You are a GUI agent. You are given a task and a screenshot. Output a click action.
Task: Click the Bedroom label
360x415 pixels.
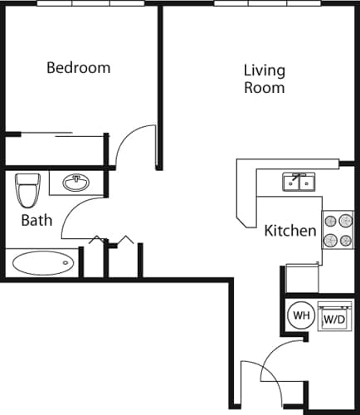[78, 68]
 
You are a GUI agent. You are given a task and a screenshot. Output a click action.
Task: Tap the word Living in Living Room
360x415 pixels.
[265, 71]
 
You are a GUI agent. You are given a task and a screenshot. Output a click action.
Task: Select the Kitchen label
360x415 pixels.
[289, 231]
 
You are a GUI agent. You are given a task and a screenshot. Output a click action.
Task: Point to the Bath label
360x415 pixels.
[36, 220]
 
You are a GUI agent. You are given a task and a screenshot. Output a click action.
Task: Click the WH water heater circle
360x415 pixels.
[299, 315]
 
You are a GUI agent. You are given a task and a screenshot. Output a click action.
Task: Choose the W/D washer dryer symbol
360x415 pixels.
[333, 318]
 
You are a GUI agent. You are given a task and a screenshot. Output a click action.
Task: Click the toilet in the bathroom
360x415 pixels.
[28, 190]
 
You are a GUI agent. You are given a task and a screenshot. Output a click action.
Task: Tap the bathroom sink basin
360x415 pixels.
[78, 182]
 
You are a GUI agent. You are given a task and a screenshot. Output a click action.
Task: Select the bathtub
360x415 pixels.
[42, 264]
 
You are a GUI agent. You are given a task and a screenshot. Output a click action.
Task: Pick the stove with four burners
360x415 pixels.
[337, 230]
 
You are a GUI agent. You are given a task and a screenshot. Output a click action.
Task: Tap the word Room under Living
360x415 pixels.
[265, 87]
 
